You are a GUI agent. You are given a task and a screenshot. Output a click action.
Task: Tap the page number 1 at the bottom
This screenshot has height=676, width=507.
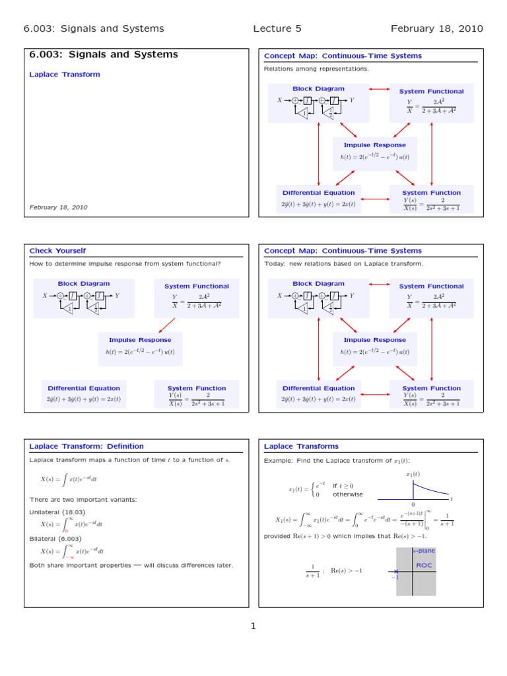253,626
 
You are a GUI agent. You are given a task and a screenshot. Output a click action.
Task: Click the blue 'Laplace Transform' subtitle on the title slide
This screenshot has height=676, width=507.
65,75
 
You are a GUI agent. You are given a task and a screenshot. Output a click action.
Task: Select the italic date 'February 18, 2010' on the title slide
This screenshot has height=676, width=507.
58,207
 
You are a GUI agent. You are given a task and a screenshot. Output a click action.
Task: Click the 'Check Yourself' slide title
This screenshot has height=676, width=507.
57,251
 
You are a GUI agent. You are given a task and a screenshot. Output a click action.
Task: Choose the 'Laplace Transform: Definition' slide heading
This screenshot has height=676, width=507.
86,446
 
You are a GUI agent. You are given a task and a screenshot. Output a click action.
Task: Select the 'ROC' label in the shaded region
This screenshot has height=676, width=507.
423,565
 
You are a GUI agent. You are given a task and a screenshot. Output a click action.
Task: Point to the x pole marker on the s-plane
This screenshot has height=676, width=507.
396,572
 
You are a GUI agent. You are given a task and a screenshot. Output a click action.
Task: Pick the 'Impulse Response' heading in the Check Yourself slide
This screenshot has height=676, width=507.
140,340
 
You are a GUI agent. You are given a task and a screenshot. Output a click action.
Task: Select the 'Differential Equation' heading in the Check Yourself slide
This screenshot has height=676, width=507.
84,388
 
